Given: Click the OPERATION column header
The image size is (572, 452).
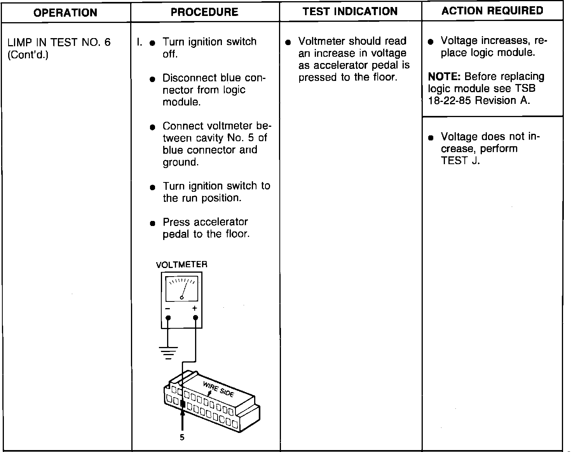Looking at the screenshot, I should point(65,13).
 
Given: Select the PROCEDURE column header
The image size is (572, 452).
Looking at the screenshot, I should point(204,12).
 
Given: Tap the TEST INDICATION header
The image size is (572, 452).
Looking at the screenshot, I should point(350,11).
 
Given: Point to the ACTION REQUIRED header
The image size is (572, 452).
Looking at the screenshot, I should point(492,11).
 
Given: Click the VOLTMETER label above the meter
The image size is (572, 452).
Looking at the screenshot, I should point(181,265).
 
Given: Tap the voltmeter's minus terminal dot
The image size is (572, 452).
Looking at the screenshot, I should point(168,318).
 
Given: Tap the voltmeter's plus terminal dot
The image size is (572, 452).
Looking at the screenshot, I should point(195,318).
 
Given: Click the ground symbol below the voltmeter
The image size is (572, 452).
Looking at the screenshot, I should point(168,352).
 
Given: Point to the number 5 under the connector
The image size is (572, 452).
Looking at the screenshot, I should point(182,438).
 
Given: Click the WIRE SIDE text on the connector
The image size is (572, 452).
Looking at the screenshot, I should point(219,389).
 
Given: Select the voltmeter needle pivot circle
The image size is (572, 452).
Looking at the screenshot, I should point(181,298).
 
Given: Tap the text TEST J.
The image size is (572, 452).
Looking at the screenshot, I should point(460,161).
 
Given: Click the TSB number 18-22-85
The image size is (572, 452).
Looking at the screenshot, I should point(450,101).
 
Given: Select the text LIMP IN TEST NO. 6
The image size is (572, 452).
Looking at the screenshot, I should point(59,42).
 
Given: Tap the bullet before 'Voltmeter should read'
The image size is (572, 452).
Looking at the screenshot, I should point(288,42).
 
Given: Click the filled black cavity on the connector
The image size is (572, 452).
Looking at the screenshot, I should point(183,404).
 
